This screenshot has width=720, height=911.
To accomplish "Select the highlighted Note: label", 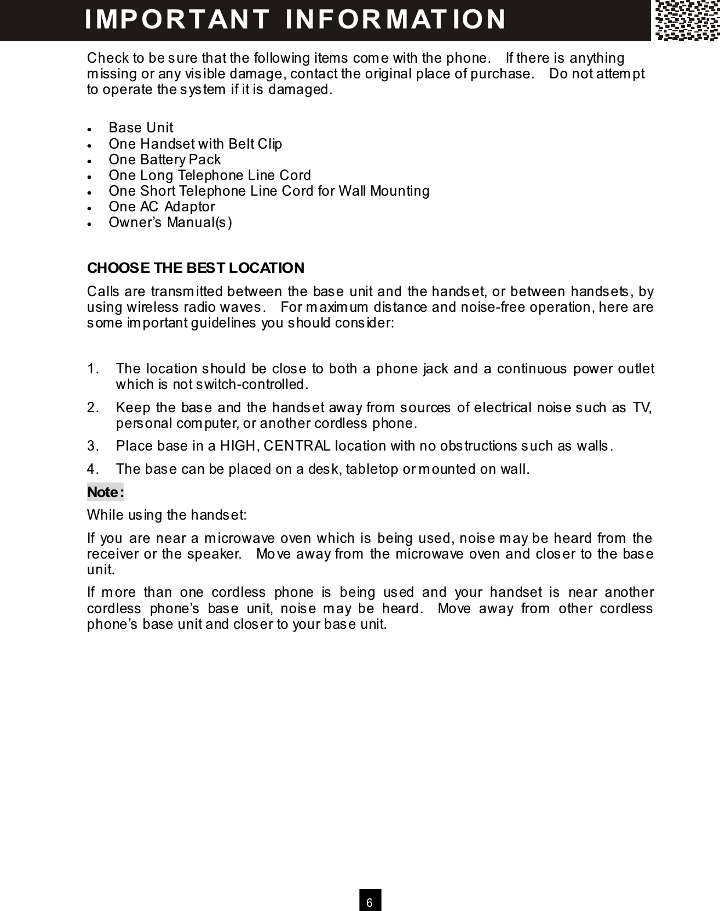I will pyautogui.click(x=105, y=492).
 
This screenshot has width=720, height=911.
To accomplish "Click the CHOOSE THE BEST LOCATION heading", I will pyautogui.click(x=195, y=268).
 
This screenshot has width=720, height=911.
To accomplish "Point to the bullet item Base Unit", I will pyautogui.click(x=141, y=128).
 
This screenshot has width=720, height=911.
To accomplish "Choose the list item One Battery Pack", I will pyautogui.click(x=164, y=160).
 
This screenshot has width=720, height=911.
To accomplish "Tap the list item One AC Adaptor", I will pyautogui.click(x=161, y=207).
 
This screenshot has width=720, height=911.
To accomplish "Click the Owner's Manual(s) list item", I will pyautogui.click(x=170, y=222).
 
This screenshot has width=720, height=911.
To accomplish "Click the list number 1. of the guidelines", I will pyautogui.click(x=93, y=369).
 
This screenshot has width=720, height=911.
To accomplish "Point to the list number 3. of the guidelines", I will pyautogui.click(x=93, y=447).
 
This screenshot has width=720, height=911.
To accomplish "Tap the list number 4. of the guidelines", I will pyautogui.click(x=93, y=469).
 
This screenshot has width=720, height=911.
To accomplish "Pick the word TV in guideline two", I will pyautogui.click(x=642, y=408).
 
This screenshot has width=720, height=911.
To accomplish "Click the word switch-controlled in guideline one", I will pyautogui.click(x=251, y=385).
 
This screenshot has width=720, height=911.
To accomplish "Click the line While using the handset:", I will pyautogui.click(x=167, y=516).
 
